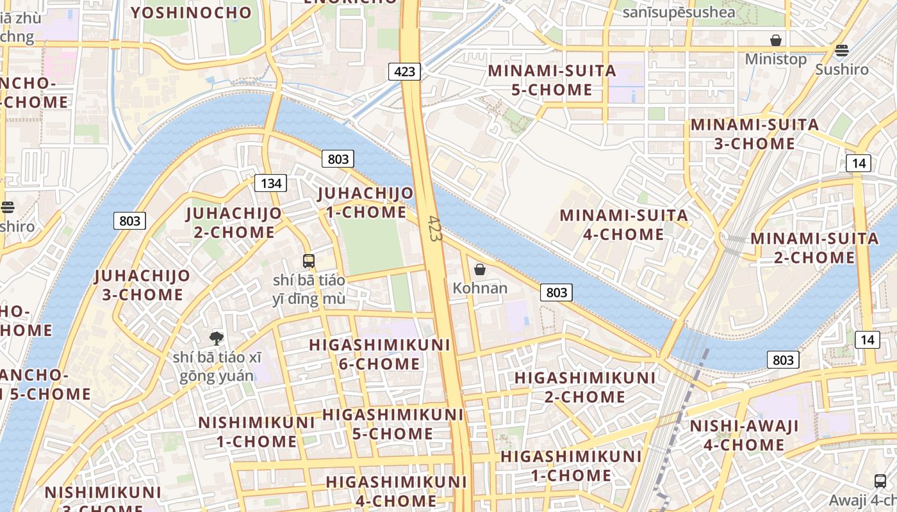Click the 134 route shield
point(271,183)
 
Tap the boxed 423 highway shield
point(405,71)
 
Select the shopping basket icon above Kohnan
point(479,269)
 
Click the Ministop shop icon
point(776,40)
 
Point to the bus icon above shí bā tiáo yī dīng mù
point(309,260)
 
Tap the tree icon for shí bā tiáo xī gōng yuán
point(217,338)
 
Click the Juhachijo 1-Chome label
point(366,202)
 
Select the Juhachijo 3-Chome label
point(142,285)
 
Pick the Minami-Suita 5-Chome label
point(552,80)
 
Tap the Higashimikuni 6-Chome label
point(379,354)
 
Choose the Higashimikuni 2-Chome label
point(585,387)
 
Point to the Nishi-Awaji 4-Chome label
point(744,435)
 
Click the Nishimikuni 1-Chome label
point(256,432)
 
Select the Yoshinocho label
point(192,12)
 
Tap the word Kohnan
point(480,288)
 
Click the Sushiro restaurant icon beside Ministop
point(842,50)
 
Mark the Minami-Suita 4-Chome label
point(624,225)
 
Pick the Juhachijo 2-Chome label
point(234,222)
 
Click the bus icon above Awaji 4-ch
point(880,481)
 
